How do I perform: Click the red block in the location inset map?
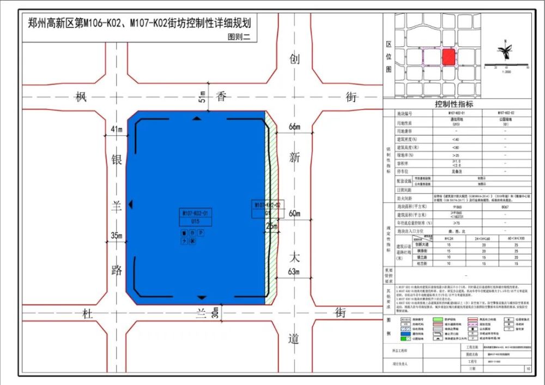pyautogui.click(x=449, y=57)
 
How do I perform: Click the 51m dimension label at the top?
pyautogui.click(x=203, y=97)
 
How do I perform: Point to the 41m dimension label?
pyautogui.click(x=117, y=129)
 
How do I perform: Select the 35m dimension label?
pyautogui.click(x=116, y=236)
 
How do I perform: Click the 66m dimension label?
pyautogui.click(x=294, y=127)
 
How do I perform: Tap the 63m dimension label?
pyautogui.click(x=294, y=272)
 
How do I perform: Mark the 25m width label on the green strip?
pyautogui.click(x=271, y=226)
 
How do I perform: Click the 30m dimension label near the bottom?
pyautogui.click(x=216, y=311)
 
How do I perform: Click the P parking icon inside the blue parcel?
pyautogui.click(x=201, y=233)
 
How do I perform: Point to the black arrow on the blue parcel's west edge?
pyautogui.click(x=131, y=204)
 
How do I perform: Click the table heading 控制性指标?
pyautogui.click(x=454, y=104)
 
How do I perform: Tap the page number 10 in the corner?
pyautogui.click(x=528, y=369)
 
